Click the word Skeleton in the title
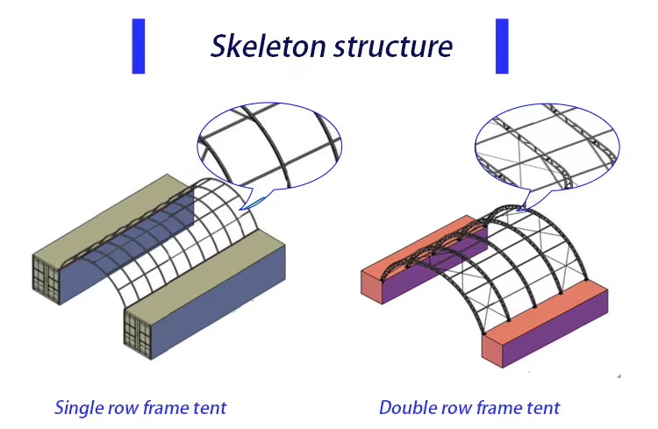(268, 46)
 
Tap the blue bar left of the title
(139, 46)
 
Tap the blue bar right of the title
(502, 46)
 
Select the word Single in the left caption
(79, 408)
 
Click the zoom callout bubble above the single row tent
(269, 147)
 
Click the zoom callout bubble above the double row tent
(547, 147)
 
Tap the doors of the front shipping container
(138, 333)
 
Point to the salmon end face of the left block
(372, 286)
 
